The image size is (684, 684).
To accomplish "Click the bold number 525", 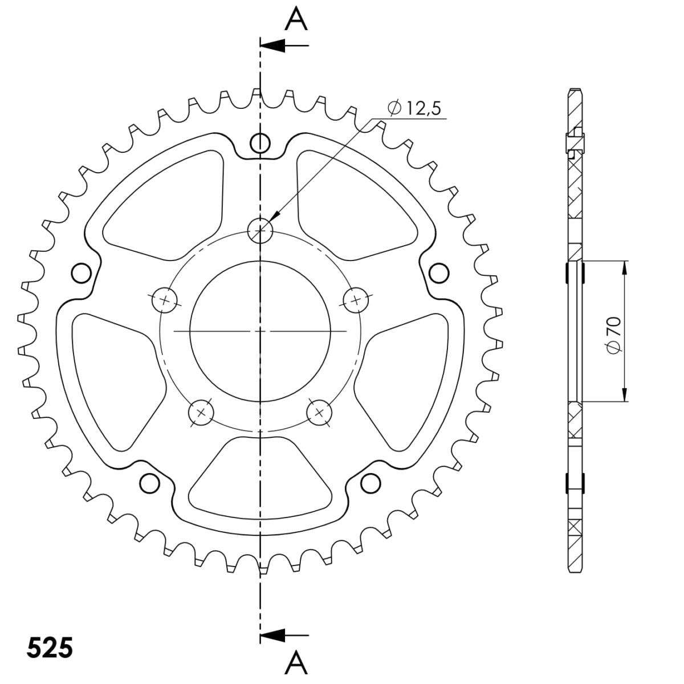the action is point(50,648).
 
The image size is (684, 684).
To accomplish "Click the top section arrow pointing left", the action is point(284,46).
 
